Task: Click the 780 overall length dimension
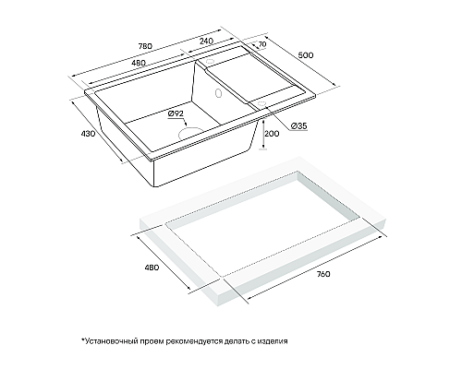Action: click(145, 46)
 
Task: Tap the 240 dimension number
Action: click(207, 41)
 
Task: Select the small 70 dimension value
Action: click(261, 44)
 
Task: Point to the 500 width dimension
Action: click(306, 55)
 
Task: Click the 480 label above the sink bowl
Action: click(138, 63)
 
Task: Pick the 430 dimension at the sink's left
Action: click(88, 134)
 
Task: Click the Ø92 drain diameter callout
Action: click(176, 113)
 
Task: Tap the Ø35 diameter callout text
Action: click(298, 125)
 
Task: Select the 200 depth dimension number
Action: click(273, 134)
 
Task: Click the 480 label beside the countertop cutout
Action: click(152, 268)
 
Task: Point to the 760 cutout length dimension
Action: click(323, 274)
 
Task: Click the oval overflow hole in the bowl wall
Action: click(219, 92)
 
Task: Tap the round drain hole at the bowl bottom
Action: click(189, 133)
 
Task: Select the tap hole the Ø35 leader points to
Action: click(261, 103)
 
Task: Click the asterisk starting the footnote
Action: click(82, 339)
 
